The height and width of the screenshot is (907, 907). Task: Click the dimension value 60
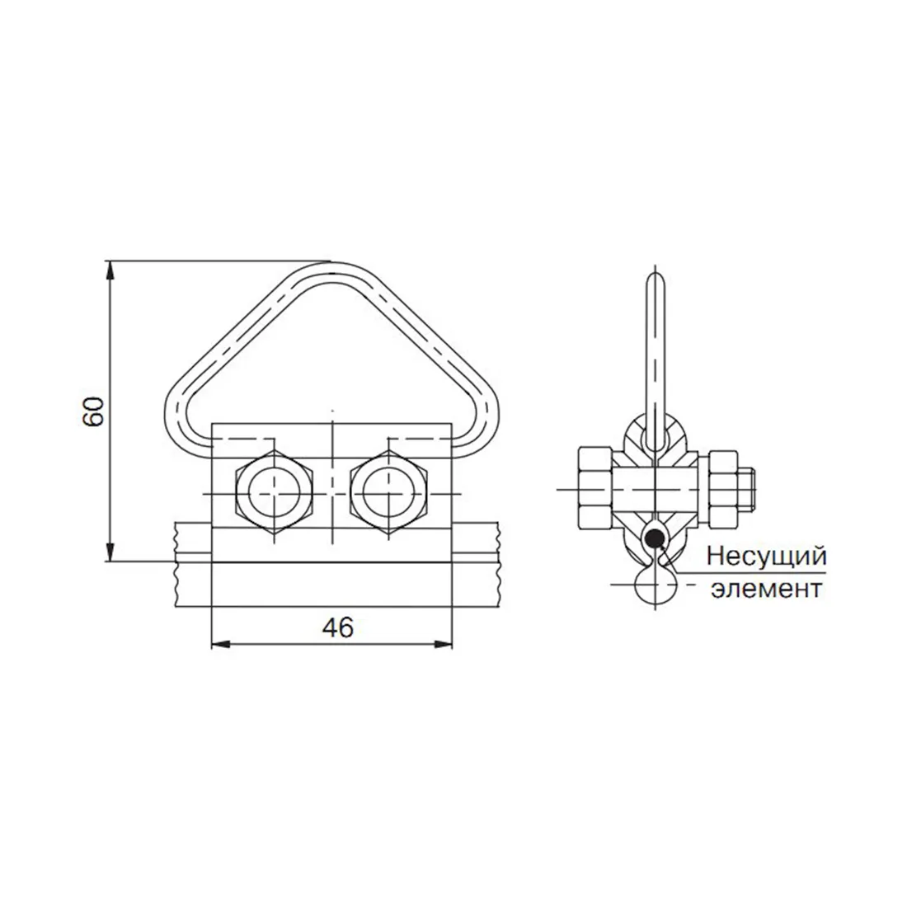tap(93, 411)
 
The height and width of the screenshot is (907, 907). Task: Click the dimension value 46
tap(338, 627)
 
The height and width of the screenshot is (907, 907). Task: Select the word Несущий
tap(767, 557)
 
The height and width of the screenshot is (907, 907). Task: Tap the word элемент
tap(767, 589)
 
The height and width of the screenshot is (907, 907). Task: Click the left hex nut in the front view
tap(275, 493)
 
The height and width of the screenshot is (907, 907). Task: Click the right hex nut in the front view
tap(388, 493)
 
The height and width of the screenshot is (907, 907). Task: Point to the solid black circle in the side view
tap(655, 538)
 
